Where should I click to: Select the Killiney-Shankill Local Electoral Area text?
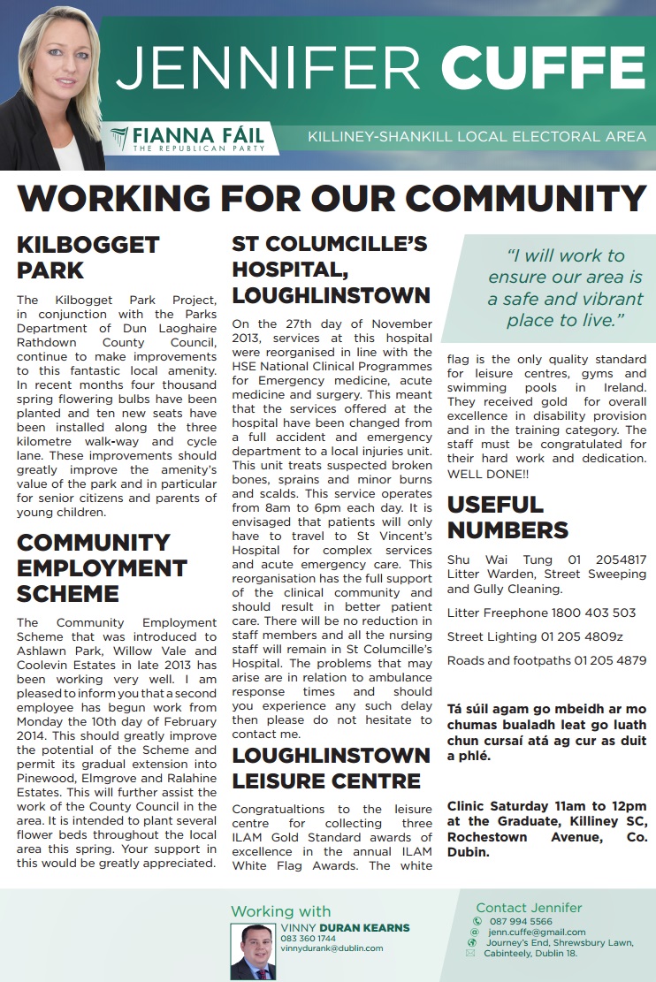477,137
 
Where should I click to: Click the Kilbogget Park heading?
88,256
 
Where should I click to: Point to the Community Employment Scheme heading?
102,567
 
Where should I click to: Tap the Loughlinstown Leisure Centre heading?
331,768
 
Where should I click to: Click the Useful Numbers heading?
507,517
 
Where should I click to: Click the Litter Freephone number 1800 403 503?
593,613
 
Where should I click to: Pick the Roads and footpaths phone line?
546,660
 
